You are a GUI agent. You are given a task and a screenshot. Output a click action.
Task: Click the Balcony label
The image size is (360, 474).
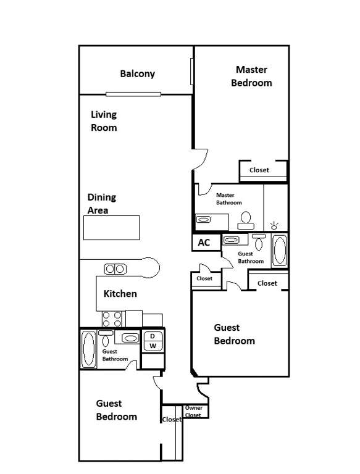coord(137,74)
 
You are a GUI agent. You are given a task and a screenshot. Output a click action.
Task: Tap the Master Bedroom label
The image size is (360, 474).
coord(251,76)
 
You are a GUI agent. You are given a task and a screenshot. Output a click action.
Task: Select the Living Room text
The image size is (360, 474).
coord(104,121)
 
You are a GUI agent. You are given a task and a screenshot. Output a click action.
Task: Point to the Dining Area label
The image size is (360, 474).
coord(102,204)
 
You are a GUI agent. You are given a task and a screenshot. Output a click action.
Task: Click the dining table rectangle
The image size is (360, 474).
coord(111,228)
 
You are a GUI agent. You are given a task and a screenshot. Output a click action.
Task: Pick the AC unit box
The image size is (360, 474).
coord(206,243)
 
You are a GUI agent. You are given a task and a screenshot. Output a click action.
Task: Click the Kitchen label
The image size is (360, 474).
coord(120,294)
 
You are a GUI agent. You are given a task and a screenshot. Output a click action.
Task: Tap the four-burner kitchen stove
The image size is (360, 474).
coord(112,319)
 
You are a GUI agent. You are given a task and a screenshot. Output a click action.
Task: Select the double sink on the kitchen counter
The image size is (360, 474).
coord(115,268)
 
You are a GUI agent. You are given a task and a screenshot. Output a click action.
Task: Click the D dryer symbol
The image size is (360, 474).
coord(153,336)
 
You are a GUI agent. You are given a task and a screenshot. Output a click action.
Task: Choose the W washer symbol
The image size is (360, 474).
coord(153,346)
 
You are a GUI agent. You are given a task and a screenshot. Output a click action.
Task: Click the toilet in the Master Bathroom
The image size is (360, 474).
coord(246,221)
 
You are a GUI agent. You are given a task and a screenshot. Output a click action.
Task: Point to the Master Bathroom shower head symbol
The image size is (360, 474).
coord(274,225)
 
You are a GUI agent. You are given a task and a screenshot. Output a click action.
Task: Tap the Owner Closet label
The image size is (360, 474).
coord(194,412)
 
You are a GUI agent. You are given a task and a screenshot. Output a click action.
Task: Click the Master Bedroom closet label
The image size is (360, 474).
coord(259,170)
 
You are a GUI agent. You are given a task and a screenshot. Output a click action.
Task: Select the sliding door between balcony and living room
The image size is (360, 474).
coord(133,94)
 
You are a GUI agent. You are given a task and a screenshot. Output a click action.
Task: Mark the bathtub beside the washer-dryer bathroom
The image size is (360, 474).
coord(89,349)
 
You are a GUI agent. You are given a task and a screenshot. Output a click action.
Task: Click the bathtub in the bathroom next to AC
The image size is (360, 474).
coord(280,251)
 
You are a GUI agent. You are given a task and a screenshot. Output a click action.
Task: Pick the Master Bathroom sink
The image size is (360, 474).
coord(203,219)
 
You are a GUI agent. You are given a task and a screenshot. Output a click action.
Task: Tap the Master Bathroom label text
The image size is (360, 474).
coord(228,199)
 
